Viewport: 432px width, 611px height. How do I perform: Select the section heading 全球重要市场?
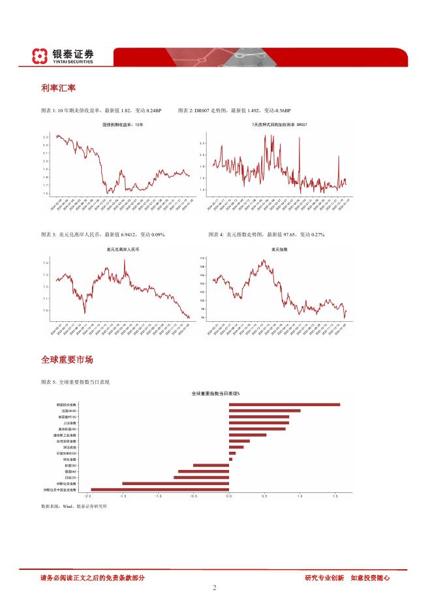pyautogui.click(x=67, y=360)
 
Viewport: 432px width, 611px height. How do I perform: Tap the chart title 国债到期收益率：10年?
pyautogui.click(x=122, y=124)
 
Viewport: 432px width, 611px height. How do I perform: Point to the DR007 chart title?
pyautogui.click(x=280, y=124)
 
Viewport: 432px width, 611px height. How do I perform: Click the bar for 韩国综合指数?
pyautogui.click(x=285, y=405)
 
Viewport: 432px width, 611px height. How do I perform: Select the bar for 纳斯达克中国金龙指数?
pyautogui.click(x=160, y=489)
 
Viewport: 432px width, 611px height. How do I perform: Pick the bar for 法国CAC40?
pyautogui.click(x=264, y=411)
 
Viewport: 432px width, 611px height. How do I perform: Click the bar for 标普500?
pyautogui.click(x=211, y=465)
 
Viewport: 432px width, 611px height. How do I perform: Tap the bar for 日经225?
pyautogui.click(x=202, y=477)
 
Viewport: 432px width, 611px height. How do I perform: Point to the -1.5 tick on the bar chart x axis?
pyautogui.click(x=122, y=497)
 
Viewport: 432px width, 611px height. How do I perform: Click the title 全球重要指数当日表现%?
pyautogui.click(x=215, y=394)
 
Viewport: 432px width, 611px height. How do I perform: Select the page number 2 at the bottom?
pyautogui.click(x=215, y=587)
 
